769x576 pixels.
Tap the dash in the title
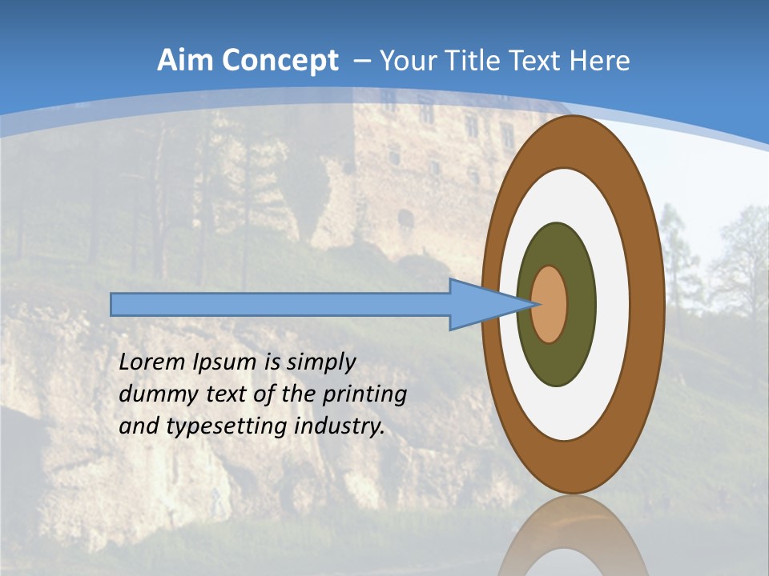pos(361,61)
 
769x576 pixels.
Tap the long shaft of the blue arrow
pos(280,304)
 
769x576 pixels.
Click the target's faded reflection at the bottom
pos(573,544)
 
